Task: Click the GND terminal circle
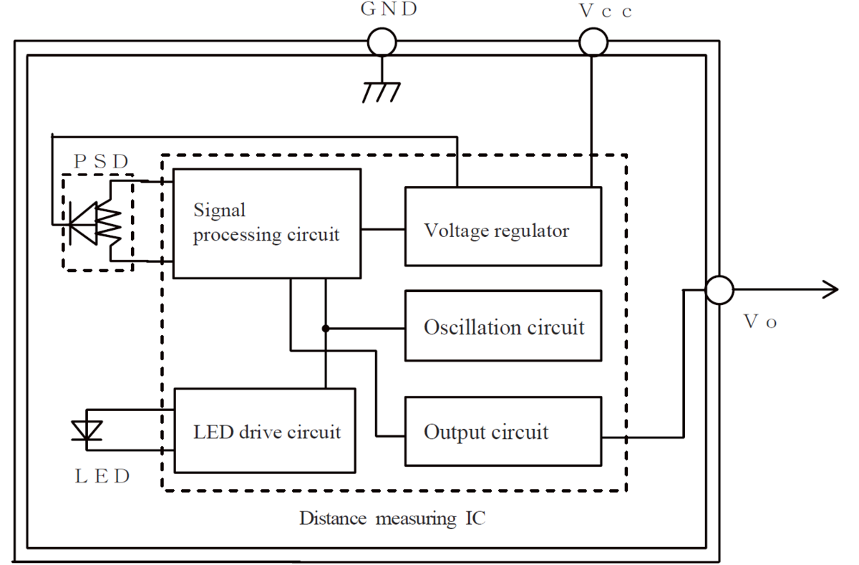[382, 42]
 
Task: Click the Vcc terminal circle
[592, 42]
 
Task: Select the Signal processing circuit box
[266, 223]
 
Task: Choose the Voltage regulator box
[503, 226]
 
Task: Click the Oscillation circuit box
[503, 326]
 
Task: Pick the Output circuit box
[503, 431]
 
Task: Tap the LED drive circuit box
[265, 430]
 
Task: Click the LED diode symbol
[87, 430]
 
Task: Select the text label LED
[102, 476]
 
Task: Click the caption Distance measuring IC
[392, 518]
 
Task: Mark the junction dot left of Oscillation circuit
[326, 329]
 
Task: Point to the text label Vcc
[606, 12]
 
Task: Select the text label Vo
[760, 322]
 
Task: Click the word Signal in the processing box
[220, 211]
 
